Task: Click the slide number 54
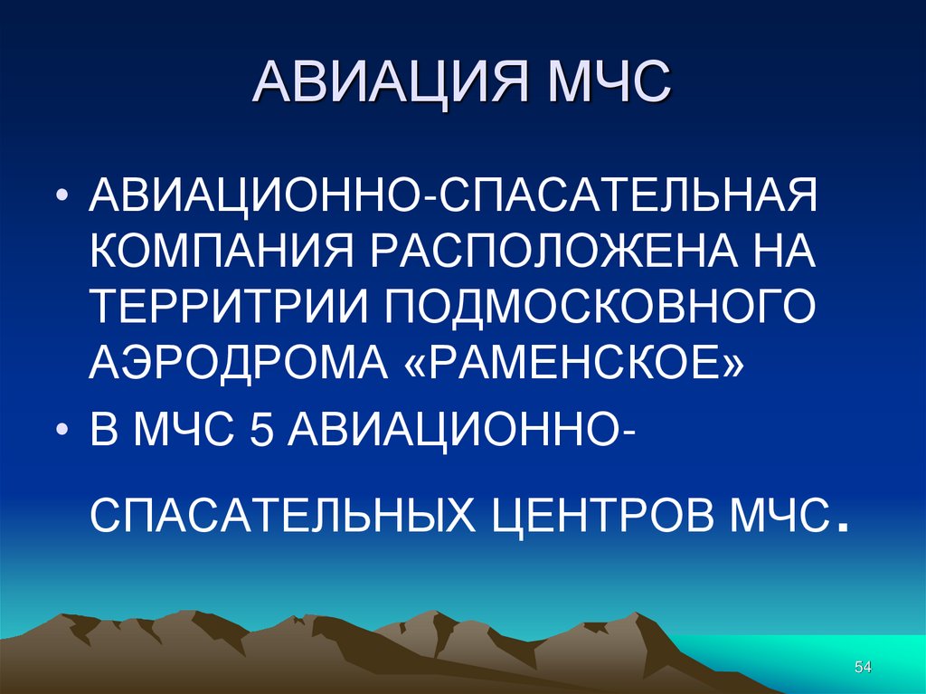coord(862,667)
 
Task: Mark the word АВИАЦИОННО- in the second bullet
coord(462,430)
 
